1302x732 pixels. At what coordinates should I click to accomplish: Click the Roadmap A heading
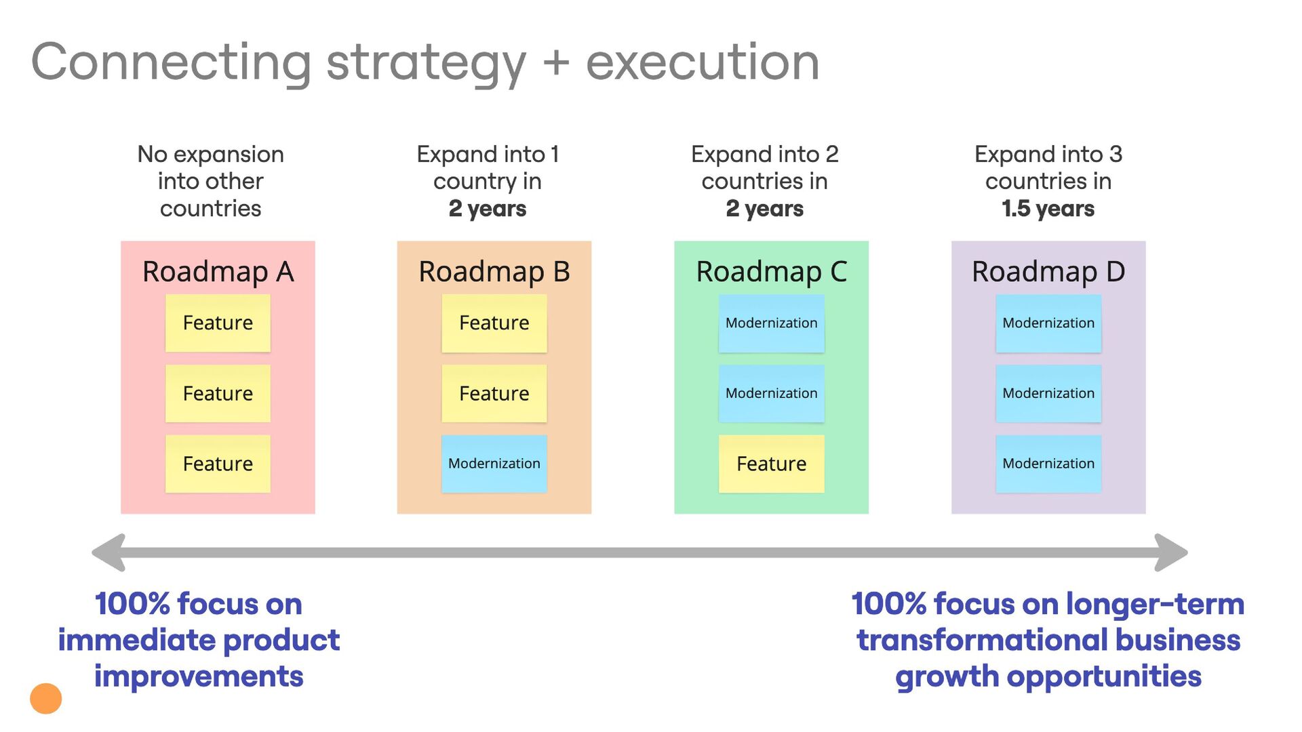218,272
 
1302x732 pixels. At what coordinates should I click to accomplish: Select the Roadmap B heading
494,272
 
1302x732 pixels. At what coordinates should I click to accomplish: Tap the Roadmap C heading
771,272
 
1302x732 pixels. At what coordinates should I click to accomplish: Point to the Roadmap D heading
1048,272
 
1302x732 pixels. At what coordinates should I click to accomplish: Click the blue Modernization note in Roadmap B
494,464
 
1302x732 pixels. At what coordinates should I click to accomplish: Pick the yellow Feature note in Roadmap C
771,464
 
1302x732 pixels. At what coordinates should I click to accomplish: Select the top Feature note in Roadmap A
218,323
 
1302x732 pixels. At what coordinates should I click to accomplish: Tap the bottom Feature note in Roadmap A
218,464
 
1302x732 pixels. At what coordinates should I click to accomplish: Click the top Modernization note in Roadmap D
1048,323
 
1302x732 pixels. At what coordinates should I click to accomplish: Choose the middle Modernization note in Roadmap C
771,393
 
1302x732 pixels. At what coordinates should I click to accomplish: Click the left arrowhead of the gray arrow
108,552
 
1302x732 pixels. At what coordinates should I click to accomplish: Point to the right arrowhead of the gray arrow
1171,552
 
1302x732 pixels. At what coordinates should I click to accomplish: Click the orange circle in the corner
46,698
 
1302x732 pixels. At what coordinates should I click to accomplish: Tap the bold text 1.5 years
1048,209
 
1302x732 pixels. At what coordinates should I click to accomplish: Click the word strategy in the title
426,63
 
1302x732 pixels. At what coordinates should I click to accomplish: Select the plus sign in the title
556,62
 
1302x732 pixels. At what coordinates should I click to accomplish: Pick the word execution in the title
703,62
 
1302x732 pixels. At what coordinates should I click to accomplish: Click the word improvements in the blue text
199,676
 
